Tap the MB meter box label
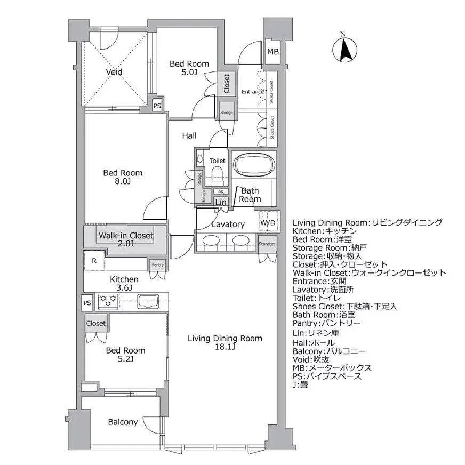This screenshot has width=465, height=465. coord(272,52)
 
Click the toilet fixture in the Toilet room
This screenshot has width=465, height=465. coord(217,174)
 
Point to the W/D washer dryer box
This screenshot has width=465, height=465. coord(268,222)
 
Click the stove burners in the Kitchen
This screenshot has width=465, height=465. coord(108,301)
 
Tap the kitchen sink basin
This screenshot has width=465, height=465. coord(149,301)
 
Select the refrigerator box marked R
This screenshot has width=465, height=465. coord(94,261)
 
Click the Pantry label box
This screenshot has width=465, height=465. coord(157,264)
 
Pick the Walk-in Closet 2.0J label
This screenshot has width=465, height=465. coord(125,239)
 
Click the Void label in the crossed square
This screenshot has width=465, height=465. coord(114,72)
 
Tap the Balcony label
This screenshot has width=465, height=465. coord(123,422)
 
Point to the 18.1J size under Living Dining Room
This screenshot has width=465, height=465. coord(225,348)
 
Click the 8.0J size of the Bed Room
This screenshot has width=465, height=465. coord(123,182)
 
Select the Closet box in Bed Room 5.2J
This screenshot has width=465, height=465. coord(96,323)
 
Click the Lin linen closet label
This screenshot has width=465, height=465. coord(221,202)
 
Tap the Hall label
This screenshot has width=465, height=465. coord(189,136)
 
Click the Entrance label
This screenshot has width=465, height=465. coord(252,92)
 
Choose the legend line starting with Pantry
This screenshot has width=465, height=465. coord(326,324)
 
